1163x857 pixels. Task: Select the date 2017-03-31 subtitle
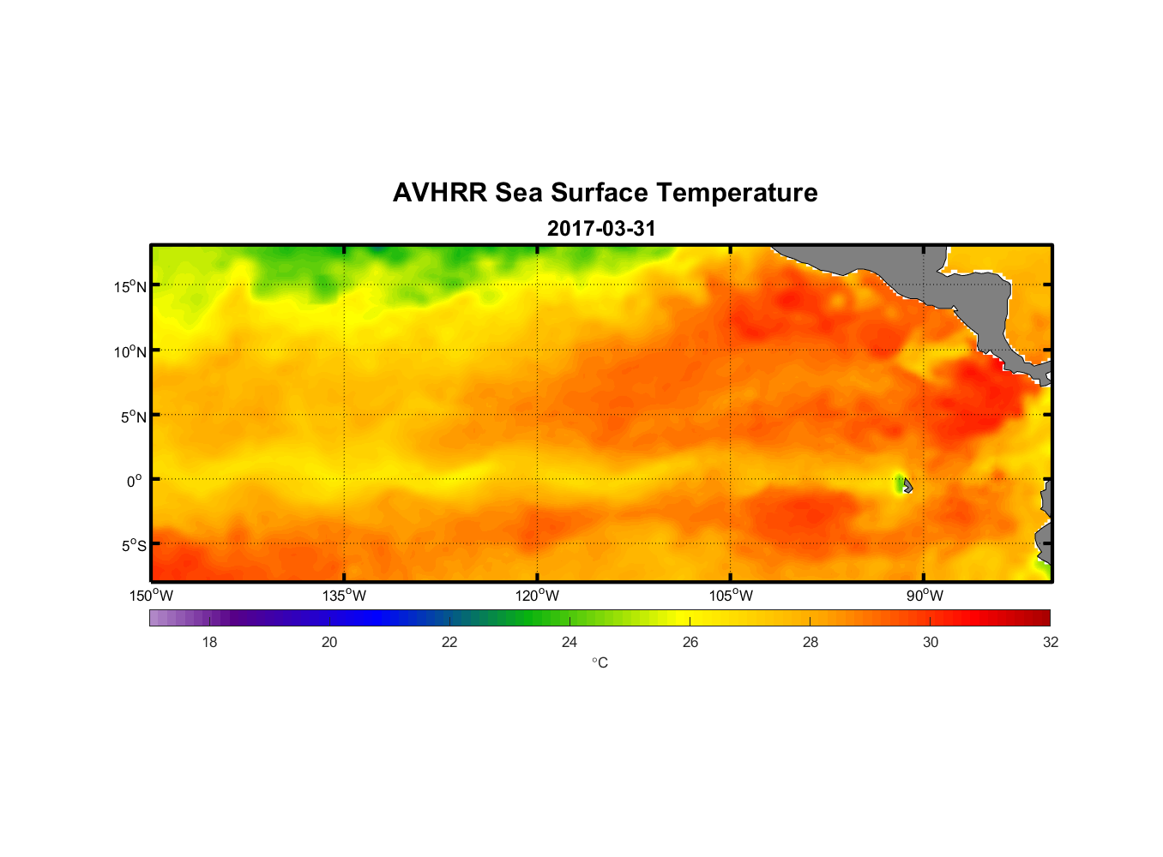pos(601,229)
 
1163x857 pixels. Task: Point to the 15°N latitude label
pos(130,286)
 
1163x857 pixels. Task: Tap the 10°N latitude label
pos(130,351)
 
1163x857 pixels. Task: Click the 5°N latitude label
pos(133,417)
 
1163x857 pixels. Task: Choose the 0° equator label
pos(135,481)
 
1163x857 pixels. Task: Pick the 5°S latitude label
pos(133,546)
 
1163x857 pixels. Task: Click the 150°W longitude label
pos(151,596)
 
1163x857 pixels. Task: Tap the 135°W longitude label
pos(344,596)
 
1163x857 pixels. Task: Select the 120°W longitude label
pos(537,596)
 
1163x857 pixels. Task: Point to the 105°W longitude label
pos(731,596)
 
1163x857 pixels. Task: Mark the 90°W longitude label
pos(925,596)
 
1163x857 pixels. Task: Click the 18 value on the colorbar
pos(209,642)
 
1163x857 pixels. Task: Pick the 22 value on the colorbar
pos(449,642)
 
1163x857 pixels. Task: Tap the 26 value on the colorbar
pos(690,642)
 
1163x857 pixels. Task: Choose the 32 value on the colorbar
pos(1051,642)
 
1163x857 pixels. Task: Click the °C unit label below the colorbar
pos(600,662)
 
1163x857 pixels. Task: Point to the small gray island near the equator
pos(907,486)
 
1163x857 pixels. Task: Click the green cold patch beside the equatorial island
pos(899,484)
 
